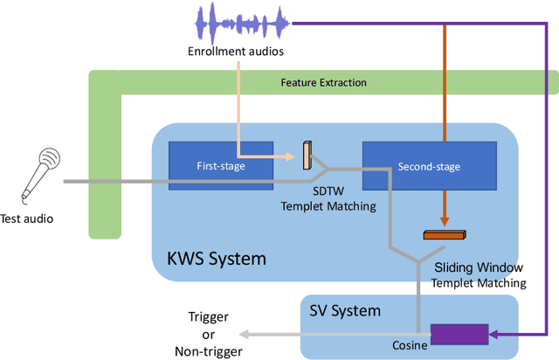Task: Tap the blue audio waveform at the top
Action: tap(240, 24)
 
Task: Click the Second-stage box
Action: tap(429, 166)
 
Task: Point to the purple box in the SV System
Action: tap(460, 335)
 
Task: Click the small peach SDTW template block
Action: tap(307, 155)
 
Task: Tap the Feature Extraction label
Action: tap(323, 83)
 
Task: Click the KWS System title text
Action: tap(216, 259)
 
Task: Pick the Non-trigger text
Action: tap(210, 350)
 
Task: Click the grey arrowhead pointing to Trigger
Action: tap(245, 334)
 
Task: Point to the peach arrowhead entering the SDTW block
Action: tap(296, 156)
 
